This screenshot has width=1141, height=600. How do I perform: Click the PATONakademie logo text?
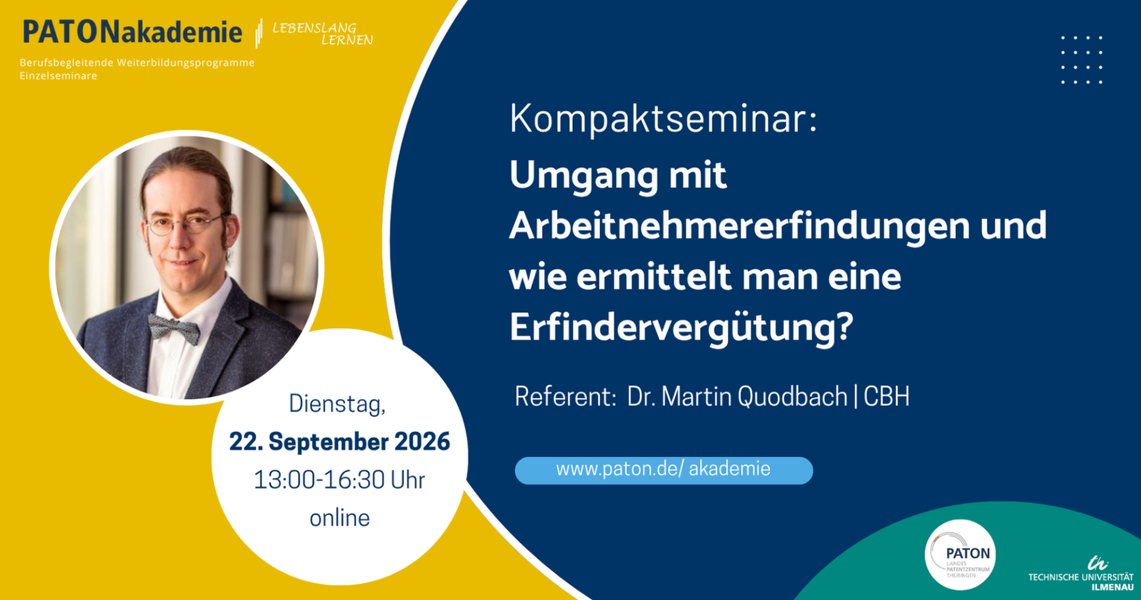pyautogui.click(x=132, y=32)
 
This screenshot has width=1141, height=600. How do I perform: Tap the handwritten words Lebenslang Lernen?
pyautogui.click(x=322, y=33)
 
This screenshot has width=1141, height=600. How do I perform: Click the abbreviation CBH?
pyautogui.click(x=886, y=397)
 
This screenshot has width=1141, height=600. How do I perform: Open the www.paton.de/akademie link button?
pyautogui.click(x=664, y=471)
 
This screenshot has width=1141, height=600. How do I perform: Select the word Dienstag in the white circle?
pyautogui.click(x=337, y=404)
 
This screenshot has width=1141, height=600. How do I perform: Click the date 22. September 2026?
pyautogui.click(x=339, y=442)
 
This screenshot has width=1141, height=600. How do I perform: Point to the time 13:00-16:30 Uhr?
pyautogui.click(x=339, y=480)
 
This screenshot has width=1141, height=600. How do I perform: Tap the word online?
pyautogui.click(x=339, y=518)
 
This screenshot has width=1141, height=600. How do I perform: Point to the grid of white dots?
pyautogui.click(x=1082, y=60)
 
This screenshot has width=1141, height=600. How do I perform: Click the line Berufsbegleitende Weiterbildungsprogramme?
pyautogui.click(x=137, y=63)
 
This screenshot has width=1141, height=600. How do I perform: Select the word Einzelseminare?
pyautogui.click(x=58, y=76)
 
